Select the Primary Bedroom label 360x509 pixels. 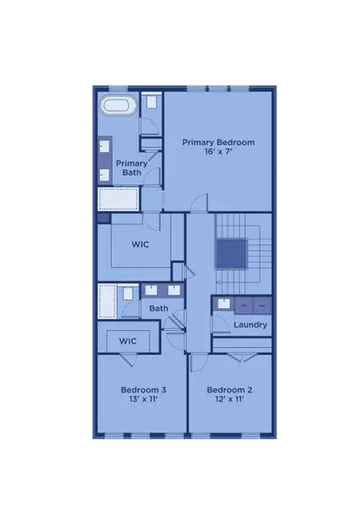(218, 143)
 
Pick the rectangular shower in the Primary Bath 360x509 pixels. (117, 200)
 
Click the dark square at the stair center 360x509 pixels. (231, 253)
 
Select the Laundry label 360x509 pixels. (250, 324)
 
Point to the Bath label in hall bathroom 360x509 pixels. (160, 308)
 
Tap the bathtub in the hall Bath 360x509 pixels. (107, 301)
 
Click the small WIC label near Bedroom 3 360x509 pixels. (127, 340)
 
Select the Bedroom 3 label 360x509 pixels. (143, 390)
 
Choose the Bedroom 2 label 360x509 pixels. (231, 390)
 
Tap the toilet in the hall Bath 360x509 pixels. (127, 294)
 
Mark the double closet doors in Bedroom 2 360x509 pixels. (241, 351)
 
